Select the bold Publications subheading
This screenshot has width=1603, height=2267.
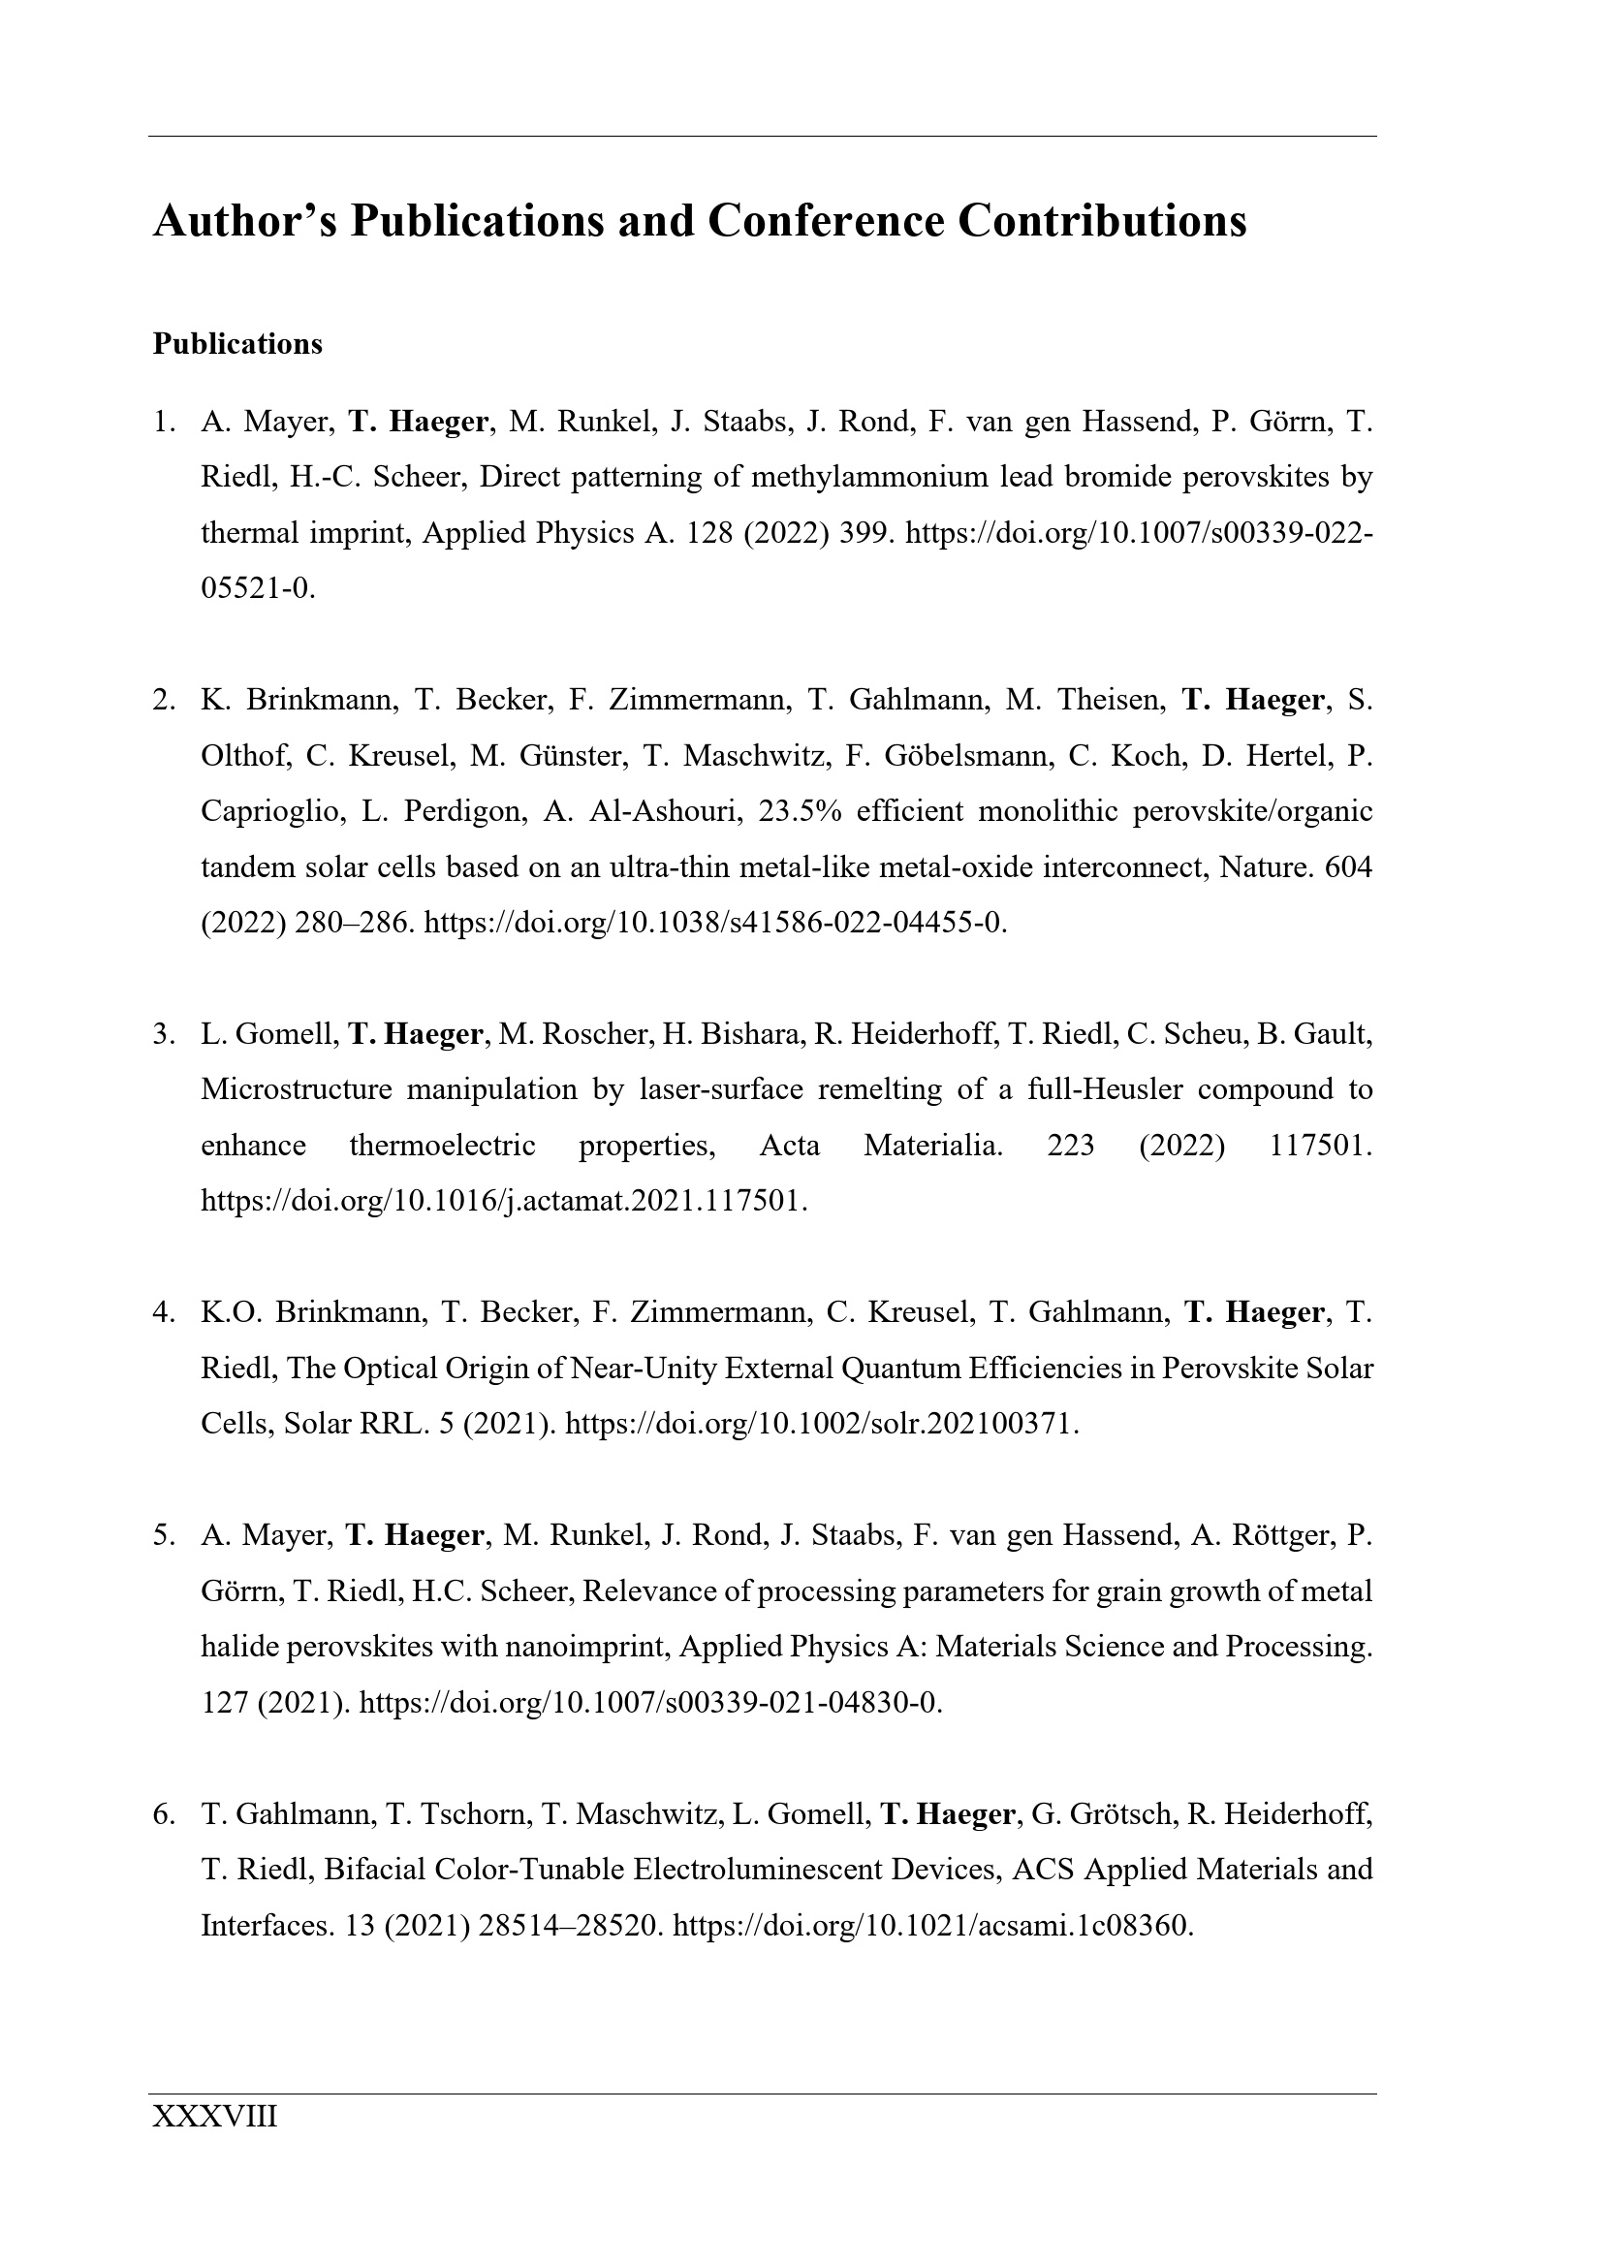(236, 345)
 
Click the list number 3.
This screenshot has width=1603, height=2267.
(162, 1035)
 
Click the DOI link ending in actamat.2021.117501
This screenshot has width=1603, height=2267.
(503, 1202)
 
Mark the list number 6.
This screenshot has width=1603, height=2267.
(162, 1814)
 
